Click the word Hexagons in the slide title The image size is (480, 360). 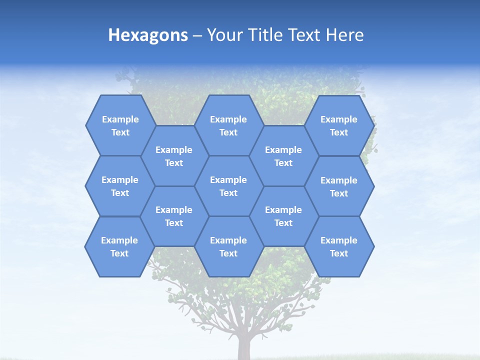pyautogui.click(x=148, y=35)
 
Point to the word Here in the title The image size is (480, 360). pyautogui.click(x=345, y=35)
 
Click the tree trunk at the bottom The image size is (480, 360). pyautogui.click(x=244, y=347)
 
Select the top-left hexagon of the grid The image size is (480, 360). pyautogui.click(x=120, y=125)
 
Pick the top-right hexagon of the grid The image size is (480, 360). pyautogui.click(x=339, y=125)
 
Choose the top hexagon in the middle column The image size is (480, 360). pyautogui.click(x=228, y=125)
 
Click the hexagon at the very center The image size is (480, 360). pyautogui.click(x=228, y=186)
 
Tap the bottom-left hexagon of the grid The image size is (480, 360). pyautogui.click(x=119, y=246)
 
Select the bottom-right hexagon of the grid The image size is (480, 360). pyautogui.click(x=339, y=246)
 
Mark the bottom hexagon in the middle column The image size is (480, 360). pyautogui.click(x=228, y=246)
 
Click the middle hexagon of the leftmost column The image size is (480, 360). pyautogui.click(x=119, y=186)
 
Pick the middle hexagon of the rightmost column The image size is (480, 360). pyautogui.click(x=339, y=186)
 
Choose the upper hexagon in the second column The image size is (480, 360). pyautogui.click(x=174, y=156)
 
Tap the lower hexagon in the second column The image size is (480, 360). pyautogui.click(x=174, y=216)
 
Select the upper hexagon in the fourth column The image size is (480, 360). pyautogui.click(x=283, y=156)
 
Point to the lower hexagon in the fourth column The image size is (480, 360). pyautogui.click(x=283, y=216)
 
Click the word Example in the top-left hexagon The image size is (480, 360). pyautogui.click(x=120, y=119)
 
